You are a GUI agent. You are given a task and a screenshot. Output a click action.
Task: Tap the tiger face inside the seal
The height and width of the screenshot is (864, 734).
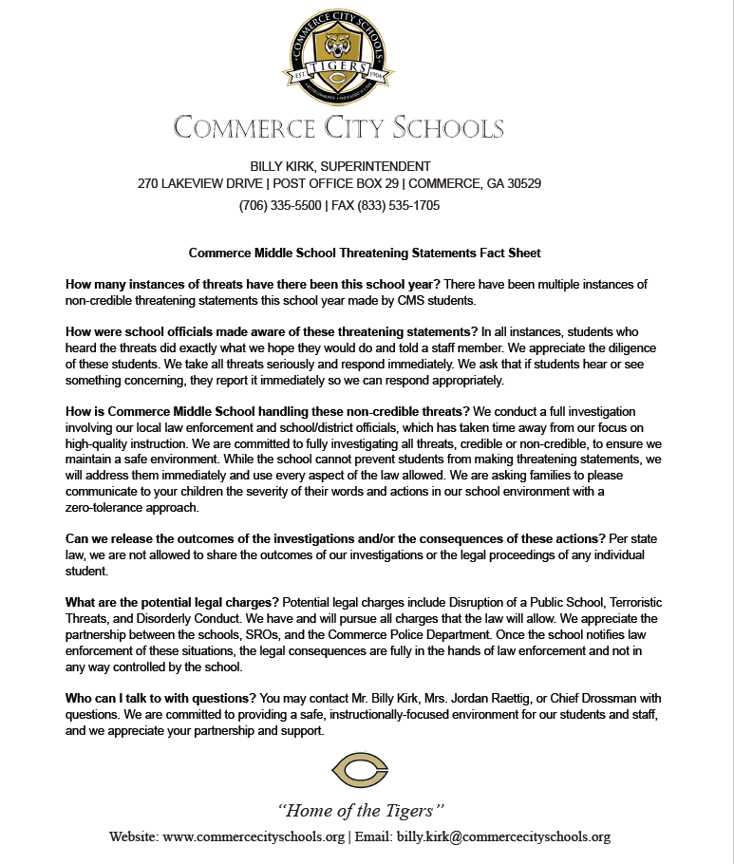coord(339,47)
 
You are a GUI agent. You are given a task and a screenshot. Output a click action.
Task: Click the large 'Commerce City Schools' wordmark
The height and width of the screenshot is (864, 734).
coord(339,127)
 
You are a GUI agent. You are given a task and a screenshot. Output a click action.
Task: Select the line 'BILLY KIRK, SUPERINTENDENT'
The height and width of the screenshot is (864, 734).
coord(339,166)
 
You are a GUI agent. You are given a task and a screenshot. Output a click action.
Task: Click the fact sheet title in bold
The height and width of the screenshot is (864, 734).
coord(365,254)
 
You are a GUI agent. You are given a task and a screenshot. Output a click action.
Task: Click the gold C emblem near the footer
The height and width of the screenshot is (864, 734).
coord(359,768)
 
